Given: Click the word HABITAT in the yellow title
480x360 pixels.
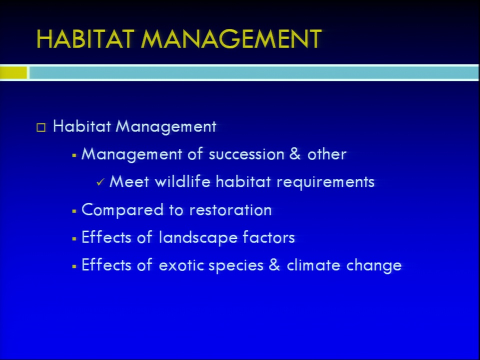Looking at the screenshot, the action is click(x=85, y=39).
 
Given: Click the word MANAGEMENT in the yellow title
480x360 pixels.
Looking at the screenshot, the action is click(x=231, y=39).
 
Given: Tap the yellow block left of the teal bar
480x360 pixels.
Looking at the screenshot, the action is click(x=13, y=73).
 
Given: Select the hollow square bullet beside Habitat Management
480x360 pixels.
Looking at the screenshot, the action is click(x=41, y=127).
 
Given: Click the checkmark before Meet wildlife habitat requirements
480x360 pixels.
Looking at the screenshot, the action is click(x=100, y=182).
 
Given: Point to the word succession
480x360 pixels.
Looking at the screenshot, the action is click(x=246, y=154).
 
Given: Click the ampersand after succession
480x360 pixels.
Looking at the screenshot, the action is click(x=294, y=153).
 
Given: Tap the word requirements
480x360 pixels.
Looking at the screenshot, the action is click(x=325, y=182).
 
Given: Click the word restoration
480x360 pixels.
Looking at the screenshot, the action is click(x=230, y=210).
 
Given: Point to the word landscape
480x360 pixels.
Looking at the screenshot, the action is click(x=198, y=238).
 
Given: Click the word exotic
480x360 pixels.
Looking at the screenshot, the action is click(x=181, y=265).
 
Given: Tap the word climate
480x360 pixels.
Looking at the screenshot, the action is click(x=313, y=265).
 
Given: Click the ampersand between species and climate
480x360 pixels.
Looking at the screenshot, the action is click(x=274, y=265).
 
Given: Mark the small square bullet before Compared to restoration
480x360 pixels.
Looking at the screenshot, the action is click(x=74, y=211).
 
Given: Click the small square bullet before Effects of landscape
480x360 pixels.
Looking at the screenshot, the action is click(x=74, y=239).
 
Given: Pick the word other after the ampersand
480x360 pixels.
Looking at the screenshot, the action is click(x=327, y=154).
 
